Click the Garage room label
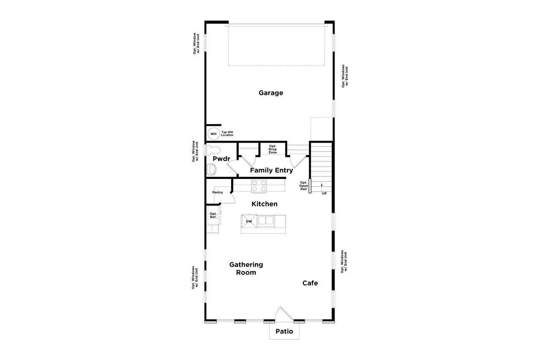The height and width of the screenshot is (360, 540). click(x=271, y=93)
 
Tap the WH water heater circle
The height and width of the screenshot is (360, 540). click(x=213, y=134)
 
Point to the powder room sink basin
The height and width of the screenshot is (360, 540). click(x=211, y=170)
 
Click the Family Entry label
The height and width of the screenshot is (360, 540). click(x=271, y=171)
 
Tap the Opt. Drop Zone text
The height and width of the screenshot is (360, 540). click(x=273, y=149)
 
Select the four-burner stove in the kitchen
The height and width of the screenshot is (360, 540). click(x=259, y=186)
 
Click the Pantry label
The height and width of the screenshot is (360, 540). click(x=218, y=192)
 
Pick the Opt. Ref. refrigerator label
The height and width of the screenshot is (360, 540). click(x=213, y=215)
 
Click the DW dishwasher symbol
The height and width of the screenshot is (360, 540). click(x=249, y=221)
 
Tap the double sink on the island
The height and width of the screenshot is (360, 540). click(x=265, y=221)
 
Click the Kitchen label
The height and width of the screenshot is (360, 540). click(x=265, y=204)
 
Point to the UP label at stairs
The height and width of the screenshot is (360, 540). click(x=324, y=193)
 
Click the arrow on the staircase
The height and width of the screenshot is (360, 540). click(x=321, y=186)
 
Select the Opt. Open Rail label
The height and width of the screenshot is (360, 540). click(x=303, y=186)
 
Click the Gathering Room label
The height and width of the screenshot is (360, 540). click(x=246, y=268)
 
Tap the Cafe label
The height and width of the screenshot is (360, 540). click(x=310, y=283)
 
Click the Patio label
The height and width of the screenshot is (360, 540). click(x=284, y=331)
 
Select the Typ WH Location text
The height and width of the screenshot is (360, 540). click(x=227, y=134)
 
